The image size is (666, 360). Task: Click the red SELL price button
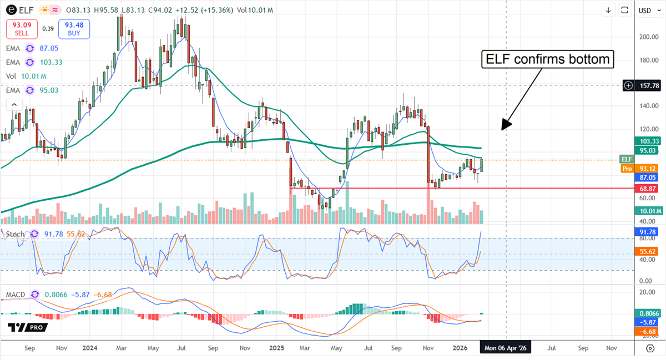pos(22,29)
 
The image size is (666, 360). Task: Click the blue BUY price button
pos(74,29)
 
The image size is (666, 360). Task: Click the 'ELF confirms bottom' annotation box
pos(548,59)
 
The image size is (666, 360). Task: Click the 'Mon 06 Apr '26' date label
pos(506,348)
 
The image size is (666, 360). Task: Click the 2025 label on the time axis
pos(276,348)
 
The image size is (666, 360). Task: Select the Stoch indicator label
pos(15,234)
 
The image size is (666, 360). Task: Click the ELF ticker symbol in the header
pos(27,10)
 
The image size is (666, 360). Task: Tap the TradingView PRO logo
pos(27,327)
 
